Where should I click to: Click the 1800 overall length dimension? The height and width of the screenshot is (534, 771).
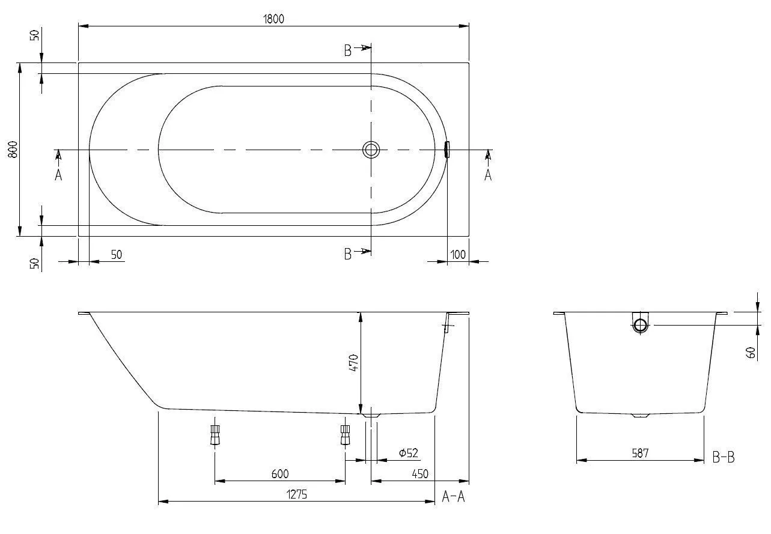pyautogui.click(x=273, y=19)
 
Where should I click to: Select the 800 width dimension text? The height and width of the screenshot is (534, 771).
pyautogui.click(x=13, y=149)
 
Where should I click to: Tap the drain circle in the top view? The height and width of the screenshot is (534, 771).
pyautogui.click(x=371, y=150)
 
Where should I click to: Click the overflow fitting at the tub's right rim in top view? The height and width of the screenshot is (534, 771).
pyautogui.click(x=446, y=150)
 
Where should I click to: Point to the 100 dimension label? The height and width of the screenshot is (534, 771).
pyautogui.click(x=458, y=255)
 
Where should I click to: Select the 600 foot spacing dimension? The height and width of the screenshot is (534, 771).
pyautogui.click(x=279, y=474)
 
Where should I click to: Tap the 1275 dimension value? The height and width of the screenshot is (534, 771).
pyautogui.click(x=296, y=495)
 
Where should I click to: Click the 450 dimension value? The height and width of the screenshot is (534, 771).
pyautogui.click(x=420, y=474)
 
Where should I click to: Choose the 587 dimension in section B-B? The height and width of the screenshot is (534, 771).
pyautogui.click(x=640, y=454)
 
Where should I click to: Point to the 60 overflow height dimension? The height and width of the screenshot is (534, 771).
pyautogui.click(x=751, y=353)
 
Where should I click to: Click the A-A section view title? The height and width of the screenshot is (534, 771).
pyautogui.click(x=453, y=497)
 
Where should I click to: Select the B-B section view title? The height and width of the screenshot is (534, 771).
pyautogui.click(x=724, y=458)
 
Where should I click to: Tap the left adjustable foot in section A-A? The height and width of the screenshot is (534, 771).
pyautogui.click(x=215, y=434)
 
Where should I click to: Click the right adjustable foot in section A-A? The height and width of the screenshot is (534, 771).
pyautogui.click(x=345, y=434)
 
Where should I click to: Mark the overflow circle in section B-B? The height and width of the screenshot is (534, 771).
pyautogui.click(x=640, y=326)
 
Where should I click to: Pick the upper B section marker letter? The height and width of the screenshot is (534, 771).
pyautogui.click(x=347, y=51)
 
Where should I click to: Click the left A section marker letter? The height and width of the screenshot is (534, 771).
pyautogui.click(x=58, y=175)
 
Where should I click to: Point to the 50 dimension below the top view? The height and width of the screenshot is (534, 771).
pyautogui.click(x=116, y=255)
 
